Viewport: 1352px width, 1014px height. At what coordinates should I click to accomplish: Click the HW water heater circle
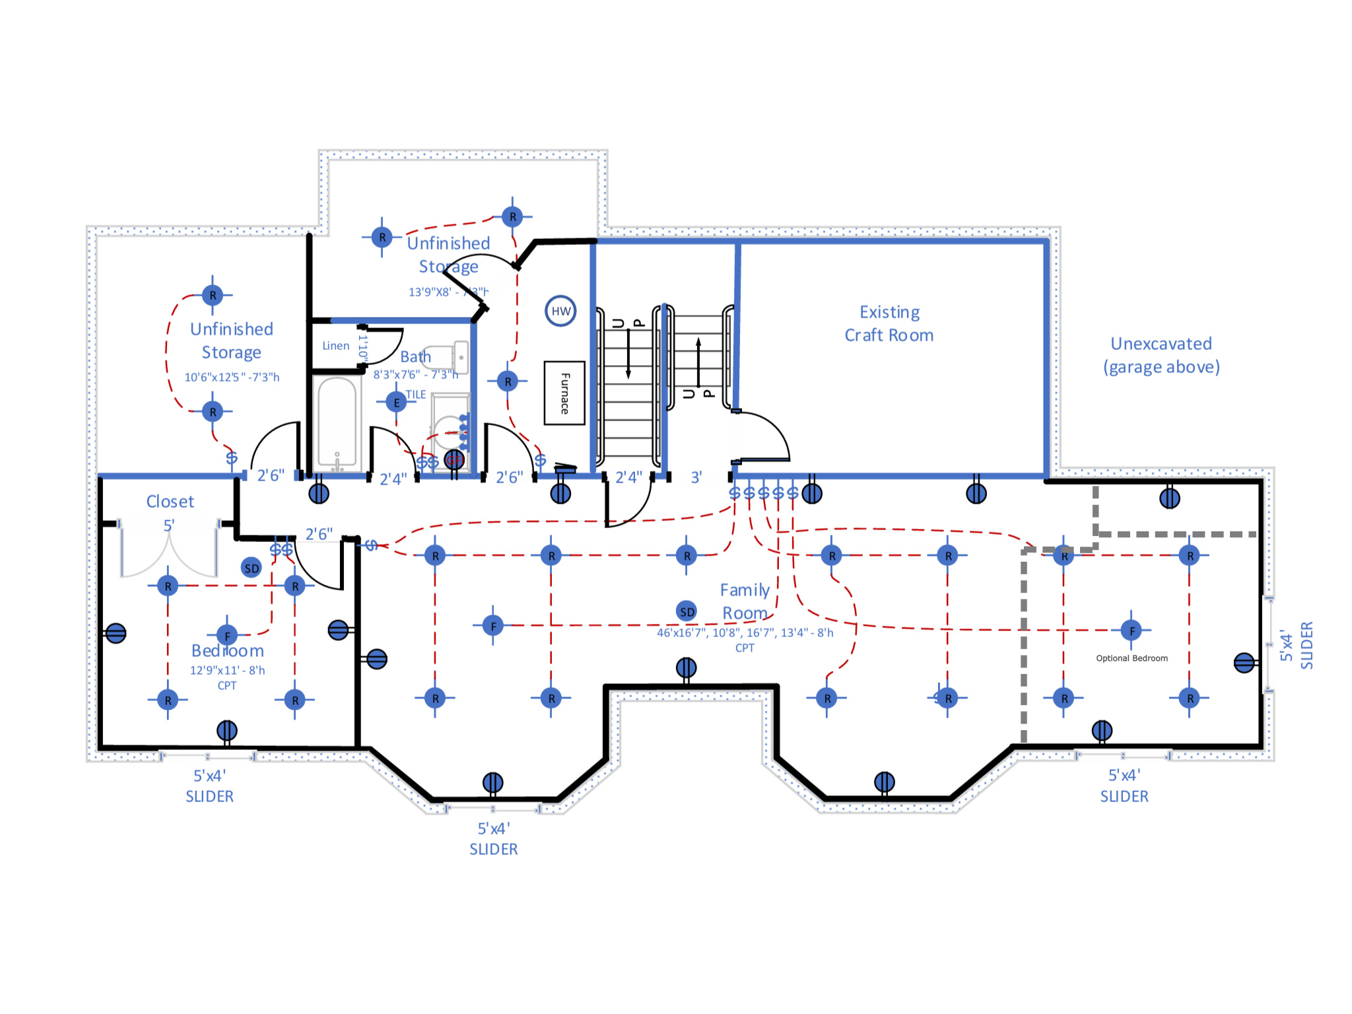click(x=560, y=311)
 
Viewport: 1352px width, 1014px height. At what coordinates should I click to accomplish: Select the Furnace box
click(x=564, y=393)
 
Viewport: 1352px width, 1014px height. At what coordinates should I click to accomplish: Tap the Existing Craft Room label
click(x=889, y=323)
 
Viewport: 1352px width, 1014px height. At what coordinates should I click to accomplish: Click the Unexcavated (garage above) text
click(x=1161, y=355)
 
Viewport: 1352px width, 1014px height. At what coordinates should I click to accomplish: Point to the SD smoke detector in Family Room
click(x=687, y=611)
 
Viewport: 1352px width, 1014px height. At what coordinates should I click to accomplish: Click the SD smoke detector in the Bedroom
click(x=252, y=568)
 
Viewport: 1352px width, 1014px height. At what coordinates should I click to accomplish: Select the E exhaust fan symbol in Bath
click(x=396, y=402)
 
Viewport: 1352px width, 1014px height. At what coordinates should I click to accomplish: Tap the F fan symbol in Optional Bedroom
click(x=1132, y=630)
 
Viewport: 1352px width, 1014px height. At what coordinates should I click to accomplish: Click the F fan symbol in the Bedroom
click(x=227, y=636)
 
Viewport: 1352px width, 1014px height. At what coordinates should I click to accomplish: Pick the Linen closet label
click(x=335, y=346)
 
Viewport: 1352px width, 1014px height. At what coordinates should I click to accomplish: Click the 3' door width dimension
click(x=696, y=477)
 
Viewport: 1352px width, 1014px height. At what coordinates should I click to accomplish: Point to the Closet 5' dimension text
click(x=169, y=525)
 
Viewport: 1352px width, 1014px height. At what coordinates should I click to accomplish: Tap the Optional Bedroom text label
click(x=1132, y=658)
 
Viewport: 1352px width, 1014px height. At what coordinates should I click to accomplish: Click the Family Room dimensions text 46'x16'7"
click(x=745, y=632)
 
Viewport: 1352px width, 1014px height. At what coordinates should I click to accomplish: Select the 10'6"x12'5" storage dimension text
click(x=232, y=377)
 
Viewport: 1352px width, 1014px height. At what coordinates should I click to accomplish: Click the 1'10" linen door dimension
click(x=362, y=347)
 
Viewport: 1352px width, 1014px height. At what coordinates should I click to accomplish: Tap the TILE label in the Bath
click(x=415, y=395)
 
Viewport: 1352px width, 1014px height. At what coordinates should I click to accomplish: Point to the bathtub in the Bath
click(x=337, y=422)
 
